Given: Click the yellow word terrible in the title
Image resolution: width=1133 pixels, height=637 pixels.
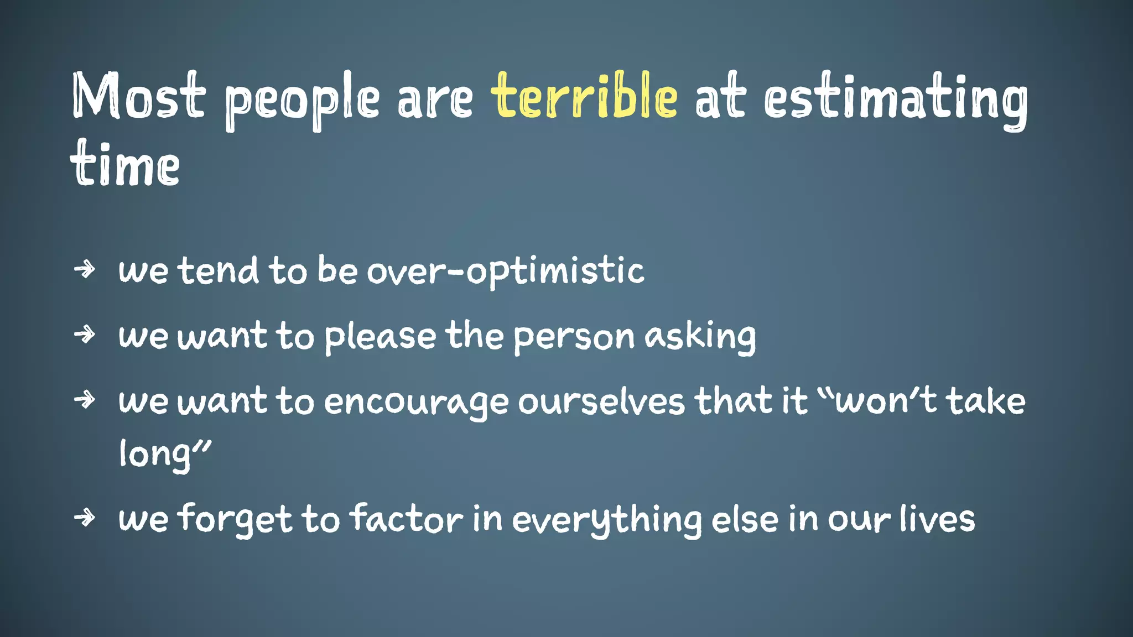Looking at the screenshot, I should coord(584,97).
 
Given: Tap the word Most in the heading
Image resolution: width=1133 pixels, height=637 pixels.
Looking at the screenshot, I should coord(138,97).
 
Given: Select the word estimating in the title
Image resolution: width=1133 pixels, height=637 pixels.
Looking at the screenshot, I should coord(896,100).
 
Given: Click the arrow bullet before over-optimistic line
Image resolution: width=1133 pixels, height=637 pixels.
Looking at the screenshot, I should coord(85,270).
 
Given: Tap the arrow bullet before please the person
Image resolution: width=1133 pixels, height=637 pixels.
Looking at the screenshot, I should coord(85,335).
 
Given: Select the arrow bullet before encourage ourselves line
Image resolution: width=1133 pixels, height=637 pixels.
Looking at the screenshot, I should coord(85,400).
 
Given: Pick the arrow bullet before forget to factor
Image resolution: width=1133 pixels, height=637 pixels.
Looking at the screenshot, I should coord(85,518).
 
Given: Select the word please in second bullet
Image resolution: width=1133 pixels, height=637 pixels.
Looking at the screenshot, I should coord(380,337).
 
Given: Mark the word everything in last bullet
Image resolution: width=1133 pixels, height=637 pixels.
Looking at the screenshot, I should coord(606,521).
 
